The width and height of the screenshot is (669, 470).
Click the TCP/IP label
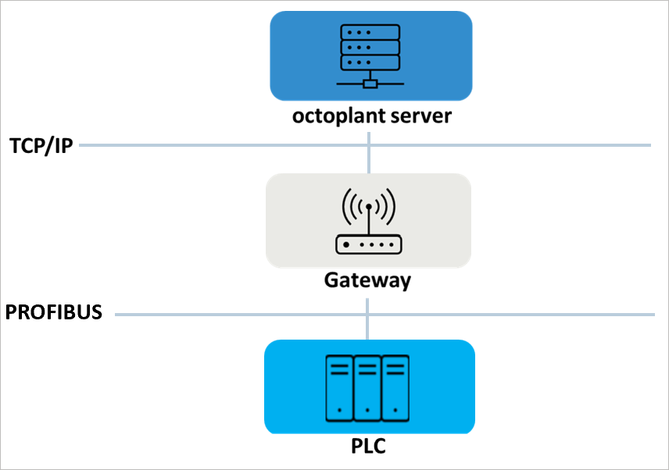(x=41, y=146)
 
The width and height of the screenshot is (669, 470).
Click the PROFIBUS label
(x=54, y=313)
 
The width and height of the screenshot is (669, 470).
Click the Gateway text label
(x=367, y=280)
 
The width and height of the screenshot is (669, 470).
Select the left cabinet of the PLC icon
(x=339, y=386)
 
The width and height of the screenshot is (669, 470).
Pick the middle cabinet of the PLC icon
(x=367, y=386)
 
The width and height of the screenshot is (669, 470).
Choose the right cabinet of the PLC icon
(x=395, y=386)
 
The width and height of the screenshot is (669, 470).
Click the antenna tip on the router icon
(x=368, y=207)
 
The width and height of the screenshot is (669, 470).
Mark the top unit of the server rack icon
(x=370, y=34)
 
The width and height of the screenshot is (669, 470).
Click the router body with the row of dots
(x=367, y=244)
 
